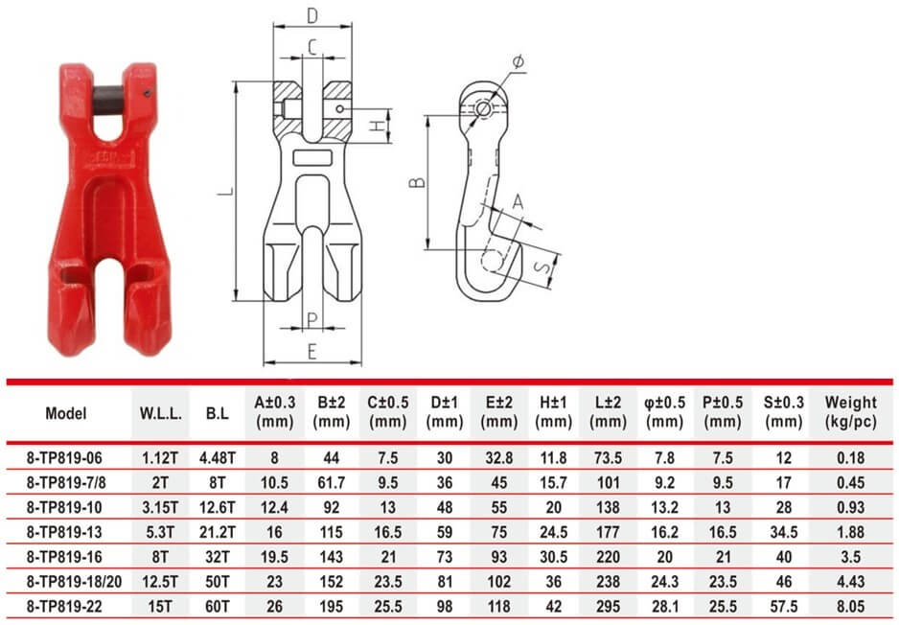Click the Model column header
(65, 414)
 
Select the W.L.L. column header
(160, 414)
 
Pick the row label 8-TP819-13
(65, 529)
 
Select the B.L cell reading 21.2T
(216, 529)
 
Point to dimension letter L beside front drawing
(222, 192)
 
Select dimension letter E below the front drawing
(311, 352)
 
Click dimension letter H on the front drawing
(379, 126)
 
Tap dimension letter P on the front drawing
(311, 319)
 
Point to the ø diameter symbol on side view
(518, 62)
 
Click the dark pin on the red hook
(106, 98)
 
